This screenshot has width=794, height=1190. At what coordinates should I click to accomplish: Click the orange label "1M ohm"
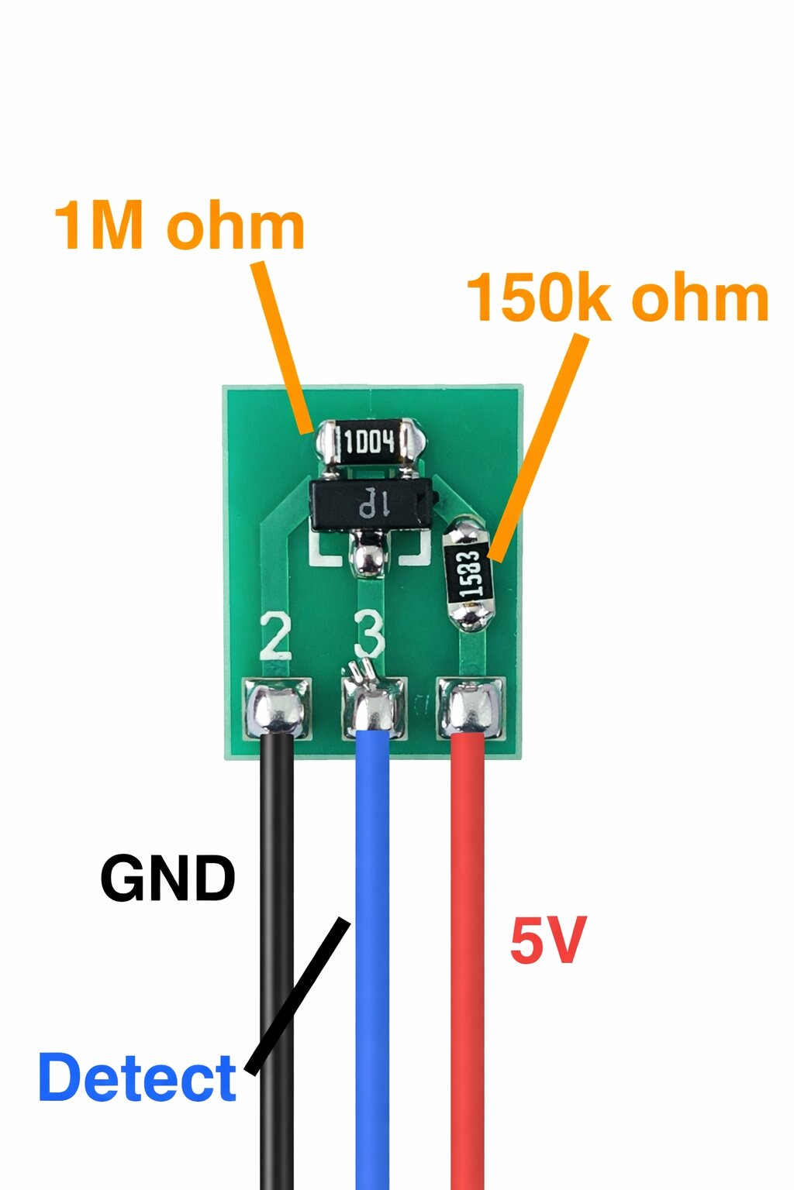point(179,225)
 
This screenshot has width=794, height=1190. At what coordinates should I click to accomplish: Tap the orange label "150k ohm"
point(617,297)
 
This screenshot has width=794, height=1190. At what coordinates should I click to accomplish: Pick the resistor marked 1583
point(470,576)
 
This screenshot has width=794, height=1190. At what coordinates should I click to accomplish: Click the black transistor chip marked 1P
point(372,504)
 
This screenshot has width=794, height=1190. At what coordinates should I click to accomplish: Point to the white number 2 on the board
point(276,636)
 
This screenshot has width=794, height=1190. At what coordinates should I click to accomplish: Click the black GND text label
point(167,879)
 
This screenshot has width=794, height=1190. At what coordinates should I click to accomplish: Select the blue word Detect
point(137,1078)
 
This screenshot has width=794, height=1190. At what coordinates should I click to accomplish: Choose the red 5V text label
point(547,940)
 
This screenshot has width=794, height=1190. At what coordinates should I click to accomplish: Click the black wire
point(277,961)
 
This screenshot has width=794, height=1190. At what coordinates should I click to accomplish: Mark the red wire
point(468,961)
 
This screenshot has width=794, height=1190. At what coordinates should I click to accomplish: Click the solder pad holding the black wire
point(277,708)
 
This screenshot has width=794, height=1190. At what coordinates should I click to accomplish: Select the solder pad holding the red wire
point(470,708)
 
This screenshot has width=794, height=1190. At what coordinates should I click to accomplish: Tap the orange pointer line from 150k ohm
point(538,447)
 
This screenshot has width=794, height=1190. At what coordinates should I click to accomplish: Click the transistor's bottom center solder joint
point(367,558)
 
